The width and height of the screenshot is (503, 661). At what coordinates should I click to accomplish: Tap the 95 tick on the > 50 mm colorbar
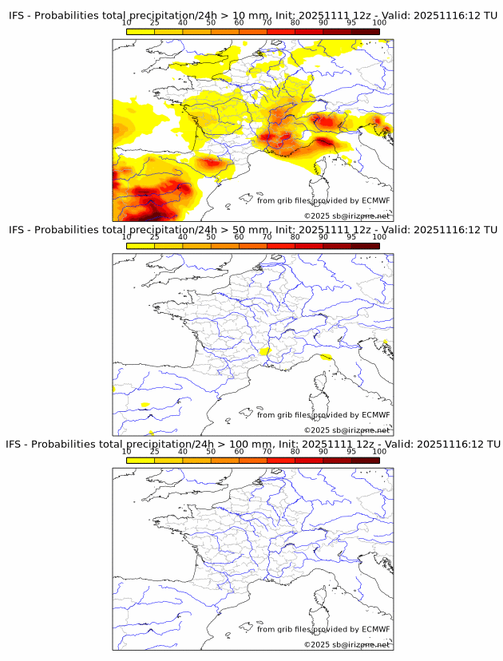tap(351, 236)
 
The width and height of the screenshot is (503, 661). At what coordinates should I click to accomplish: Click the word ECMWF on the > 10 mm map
tap(375, 201)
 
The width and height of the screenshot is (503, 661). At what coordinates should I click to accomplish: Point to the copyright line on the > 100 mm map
tap(347, 644)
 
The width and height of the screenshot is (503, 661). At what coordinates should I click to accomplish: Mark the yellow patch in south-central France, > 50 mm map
tap(265, 350)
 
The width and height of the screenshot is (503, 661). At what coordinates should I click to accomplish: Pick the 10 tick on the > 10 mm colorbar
tap(127, 22)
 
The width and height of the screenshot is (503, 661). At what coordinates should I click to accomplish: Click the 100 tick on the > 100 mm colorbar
tap(379, 450)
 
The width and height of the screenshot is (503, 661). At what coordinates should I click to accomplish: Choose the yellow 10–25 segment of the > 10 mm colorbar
tap(141, 32)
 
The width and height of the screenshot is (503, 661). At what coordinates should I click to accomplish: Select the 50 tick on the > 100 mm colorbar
tap(211, 450)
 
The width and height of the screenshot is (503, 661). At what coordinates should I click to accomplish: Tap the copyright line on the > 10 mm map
tap(347, 216)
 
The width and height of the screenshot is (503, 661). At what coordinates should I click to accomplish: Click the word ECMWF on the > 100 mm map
tap(375, 629)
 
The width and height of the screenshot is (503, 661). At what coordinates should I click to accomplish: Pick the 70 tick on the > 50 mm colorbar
tap(267, 236)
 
